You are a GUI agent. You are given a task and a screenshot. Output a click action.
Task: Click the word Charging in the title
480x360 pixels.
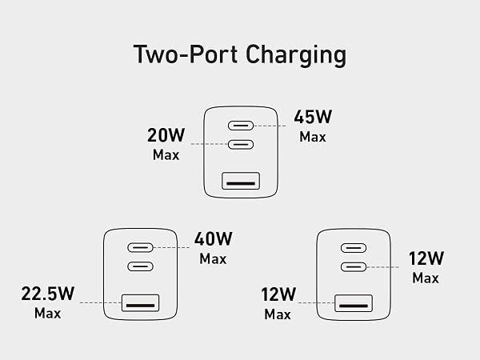click(296, 55)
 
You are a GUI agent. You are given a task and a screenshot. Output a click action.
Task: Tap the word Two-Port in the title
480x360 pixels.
click(186, 54)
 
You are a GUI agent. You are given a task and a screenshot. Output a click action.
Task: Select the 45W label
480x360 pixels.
click(313, 117)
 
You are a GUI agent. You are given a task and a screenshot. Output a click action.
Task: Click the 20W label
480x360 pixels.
click(166, 135)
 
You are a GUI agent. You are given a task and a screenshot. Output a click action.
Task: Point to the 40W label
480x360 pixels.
click(214, 239)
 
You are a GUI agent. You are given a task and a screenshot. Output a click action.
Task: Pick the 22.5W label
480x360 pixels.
click(48, 294)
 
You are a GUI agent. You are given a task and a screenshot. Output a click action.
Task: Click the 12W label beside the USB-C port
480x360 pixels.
click(426, 258)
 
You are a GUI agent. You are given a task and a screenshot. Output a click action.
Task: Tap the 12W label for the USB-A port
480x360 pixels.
click(278, 294)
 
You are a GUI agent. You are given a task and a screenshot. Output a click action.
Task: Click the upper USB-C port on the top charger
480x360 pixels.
click(241, 126)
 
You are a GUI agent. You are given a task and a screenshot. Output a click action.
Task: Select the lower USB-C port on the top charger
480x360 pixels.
click(241, 144)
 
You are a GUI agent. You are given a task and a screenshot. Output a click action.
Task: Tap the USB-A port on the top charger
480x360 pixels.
click(241, 181)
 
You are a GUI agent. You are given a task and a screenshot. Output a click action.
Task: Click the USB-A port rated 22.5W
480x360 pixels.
click(140, 303)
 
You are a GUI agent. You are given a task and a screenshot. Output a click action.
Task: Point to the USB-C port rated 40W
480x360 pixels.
click(140, 248)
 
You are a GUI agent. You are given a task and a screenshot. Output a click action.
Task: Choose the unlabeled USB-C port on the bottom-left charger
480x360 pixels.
click(140, 266)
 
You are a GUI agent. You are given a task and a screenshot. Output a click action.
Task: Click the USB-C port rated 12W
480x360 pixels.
click(354, 267)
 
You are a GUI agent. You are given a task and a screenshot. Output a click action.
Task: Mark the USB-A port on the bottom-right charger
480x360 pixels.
click(354, 303)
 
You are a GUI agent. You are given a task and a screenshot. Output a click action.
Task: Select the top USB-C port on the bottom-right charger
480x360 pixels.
click(354, 248)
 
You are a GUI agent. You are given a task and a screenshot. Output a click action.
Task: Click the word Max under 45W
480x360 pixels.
click(313, 137)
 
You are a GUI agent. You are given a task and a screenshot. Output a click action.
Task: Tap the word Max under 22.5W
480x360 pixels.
click(48, 313)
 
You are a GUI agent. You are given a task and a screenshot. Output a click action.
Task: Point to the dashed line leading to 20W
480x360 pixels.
click(210, 144)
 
